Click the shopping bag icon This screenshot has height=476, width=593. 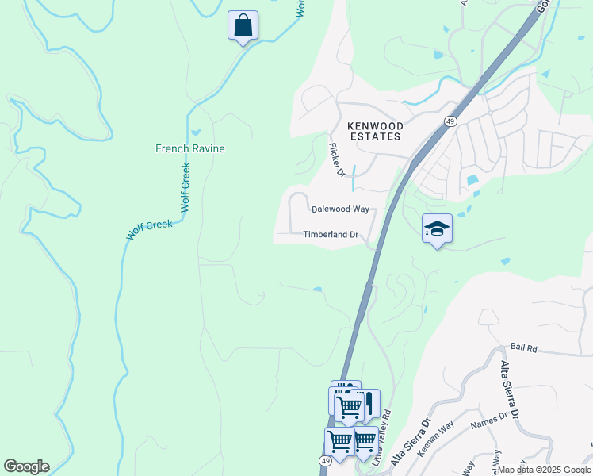(x=243, y=25)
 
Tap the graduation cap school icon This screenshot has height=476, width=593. (x=437, y=228)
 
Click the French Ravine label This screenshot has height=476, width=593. (x=190, y=148)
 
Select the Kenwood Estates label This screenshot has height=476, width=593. (x=375, y=131)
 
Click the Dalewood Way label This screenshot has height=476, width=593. (x=340, y=209)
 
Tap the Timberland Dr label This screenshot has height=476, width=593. (x=331, y=235)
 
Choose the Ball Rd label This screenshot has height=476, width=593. (x=524, y=347)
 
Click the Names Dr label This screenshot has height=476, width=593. (x=488, y=420)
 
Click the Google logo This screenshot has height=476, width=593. (x=26, y=466)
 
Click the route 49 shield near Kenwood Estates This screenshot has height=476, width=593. (x=449, y=121)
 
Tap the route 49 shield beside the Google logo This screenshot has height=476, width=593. (x=326, y=461)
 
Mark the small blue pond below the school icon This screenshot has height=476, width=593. (x=505, y=260)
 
